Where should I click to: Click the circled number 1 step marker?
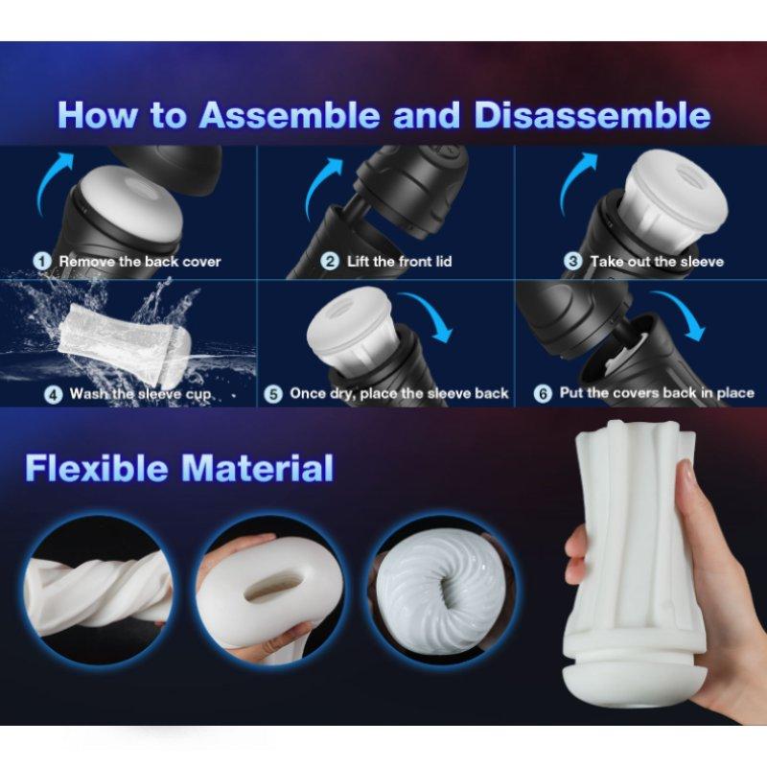pos(41,261)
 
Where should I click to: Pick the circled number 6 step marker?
pos(543,393)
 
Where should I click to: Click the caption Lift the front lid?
pos(400,261)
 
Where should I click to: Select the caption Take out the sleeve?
pos(657,261)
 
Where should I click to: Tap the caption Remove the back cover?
pos(140,261)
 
